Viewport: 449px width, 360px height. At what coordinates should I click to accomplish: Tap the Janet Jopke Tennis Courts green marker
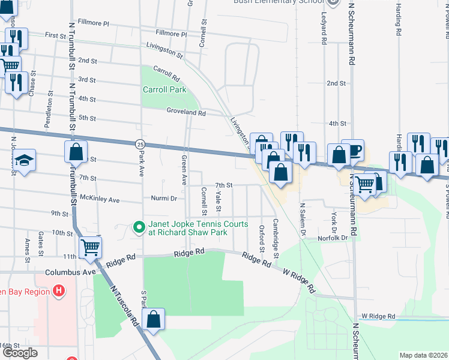pos(139,227)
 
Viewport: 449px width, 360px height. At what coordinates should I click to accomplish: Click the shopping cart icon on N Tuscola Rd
pos(90,246)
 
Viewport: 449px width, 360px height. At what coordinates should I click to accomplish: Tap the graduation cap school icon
pos(24,160)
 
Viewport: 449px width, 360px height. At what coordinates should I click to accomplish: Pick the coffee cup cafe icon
pos(354,150)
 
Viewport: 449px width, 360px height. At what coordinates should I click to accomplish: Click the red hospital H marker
pos(58,292)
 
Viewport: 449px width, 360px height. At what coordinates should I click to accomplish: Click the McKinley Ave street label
pos(100,199)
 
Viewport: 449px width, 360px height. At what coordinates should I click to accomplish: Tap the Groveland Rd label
pos(186,112)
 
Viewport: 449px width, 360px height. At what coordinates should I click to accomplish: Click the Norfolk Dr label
pos(333,238)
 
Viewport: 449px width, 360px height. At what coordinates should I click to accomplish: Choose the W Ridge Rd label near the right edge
pos(378,316)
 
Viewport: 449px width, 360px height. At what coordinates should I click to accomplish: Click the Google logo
pos(20,353)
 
